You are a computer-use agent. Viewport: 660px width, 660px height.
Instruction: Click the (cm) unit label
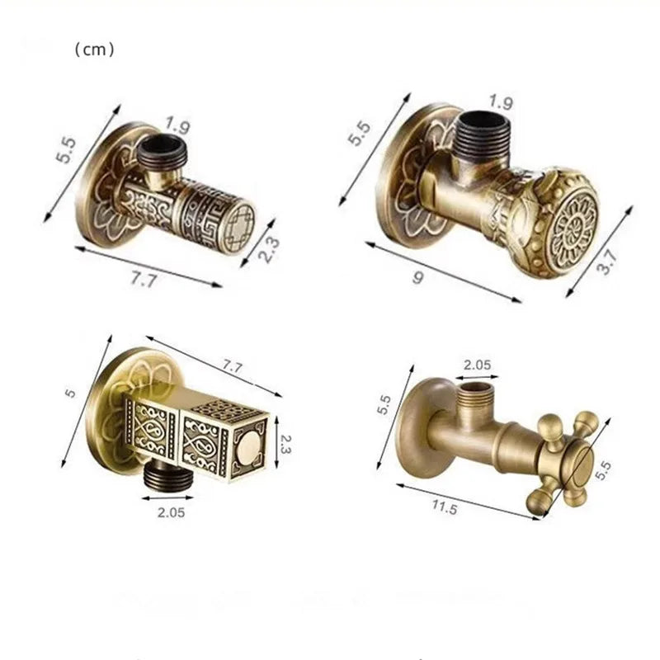pos(94,50)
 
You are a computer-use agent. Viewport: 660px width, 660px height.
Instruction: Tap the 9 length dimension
pos(417,278)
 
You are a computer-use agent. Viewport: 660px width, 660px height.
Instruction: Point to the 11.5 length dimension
pos(444,508)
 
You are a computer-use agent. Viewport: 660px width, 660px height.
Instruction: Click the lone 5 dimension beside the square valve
pos(70,394)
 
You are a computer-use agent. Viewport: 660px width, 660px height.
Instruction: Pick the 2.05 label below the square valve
pos(171,512)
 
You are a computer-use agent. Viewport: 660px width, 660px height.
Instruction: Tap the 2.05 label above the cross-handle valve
pos(477,365)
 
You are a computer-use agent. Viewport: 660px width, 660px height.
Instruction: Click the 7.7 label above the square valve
pos(233,366)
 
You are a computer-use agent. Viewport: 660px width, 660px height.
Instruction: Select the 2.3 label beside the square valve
pos(285,445)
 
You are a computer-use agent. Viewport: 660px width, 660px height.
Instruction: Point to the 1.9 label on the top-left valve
pos(177,125)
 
